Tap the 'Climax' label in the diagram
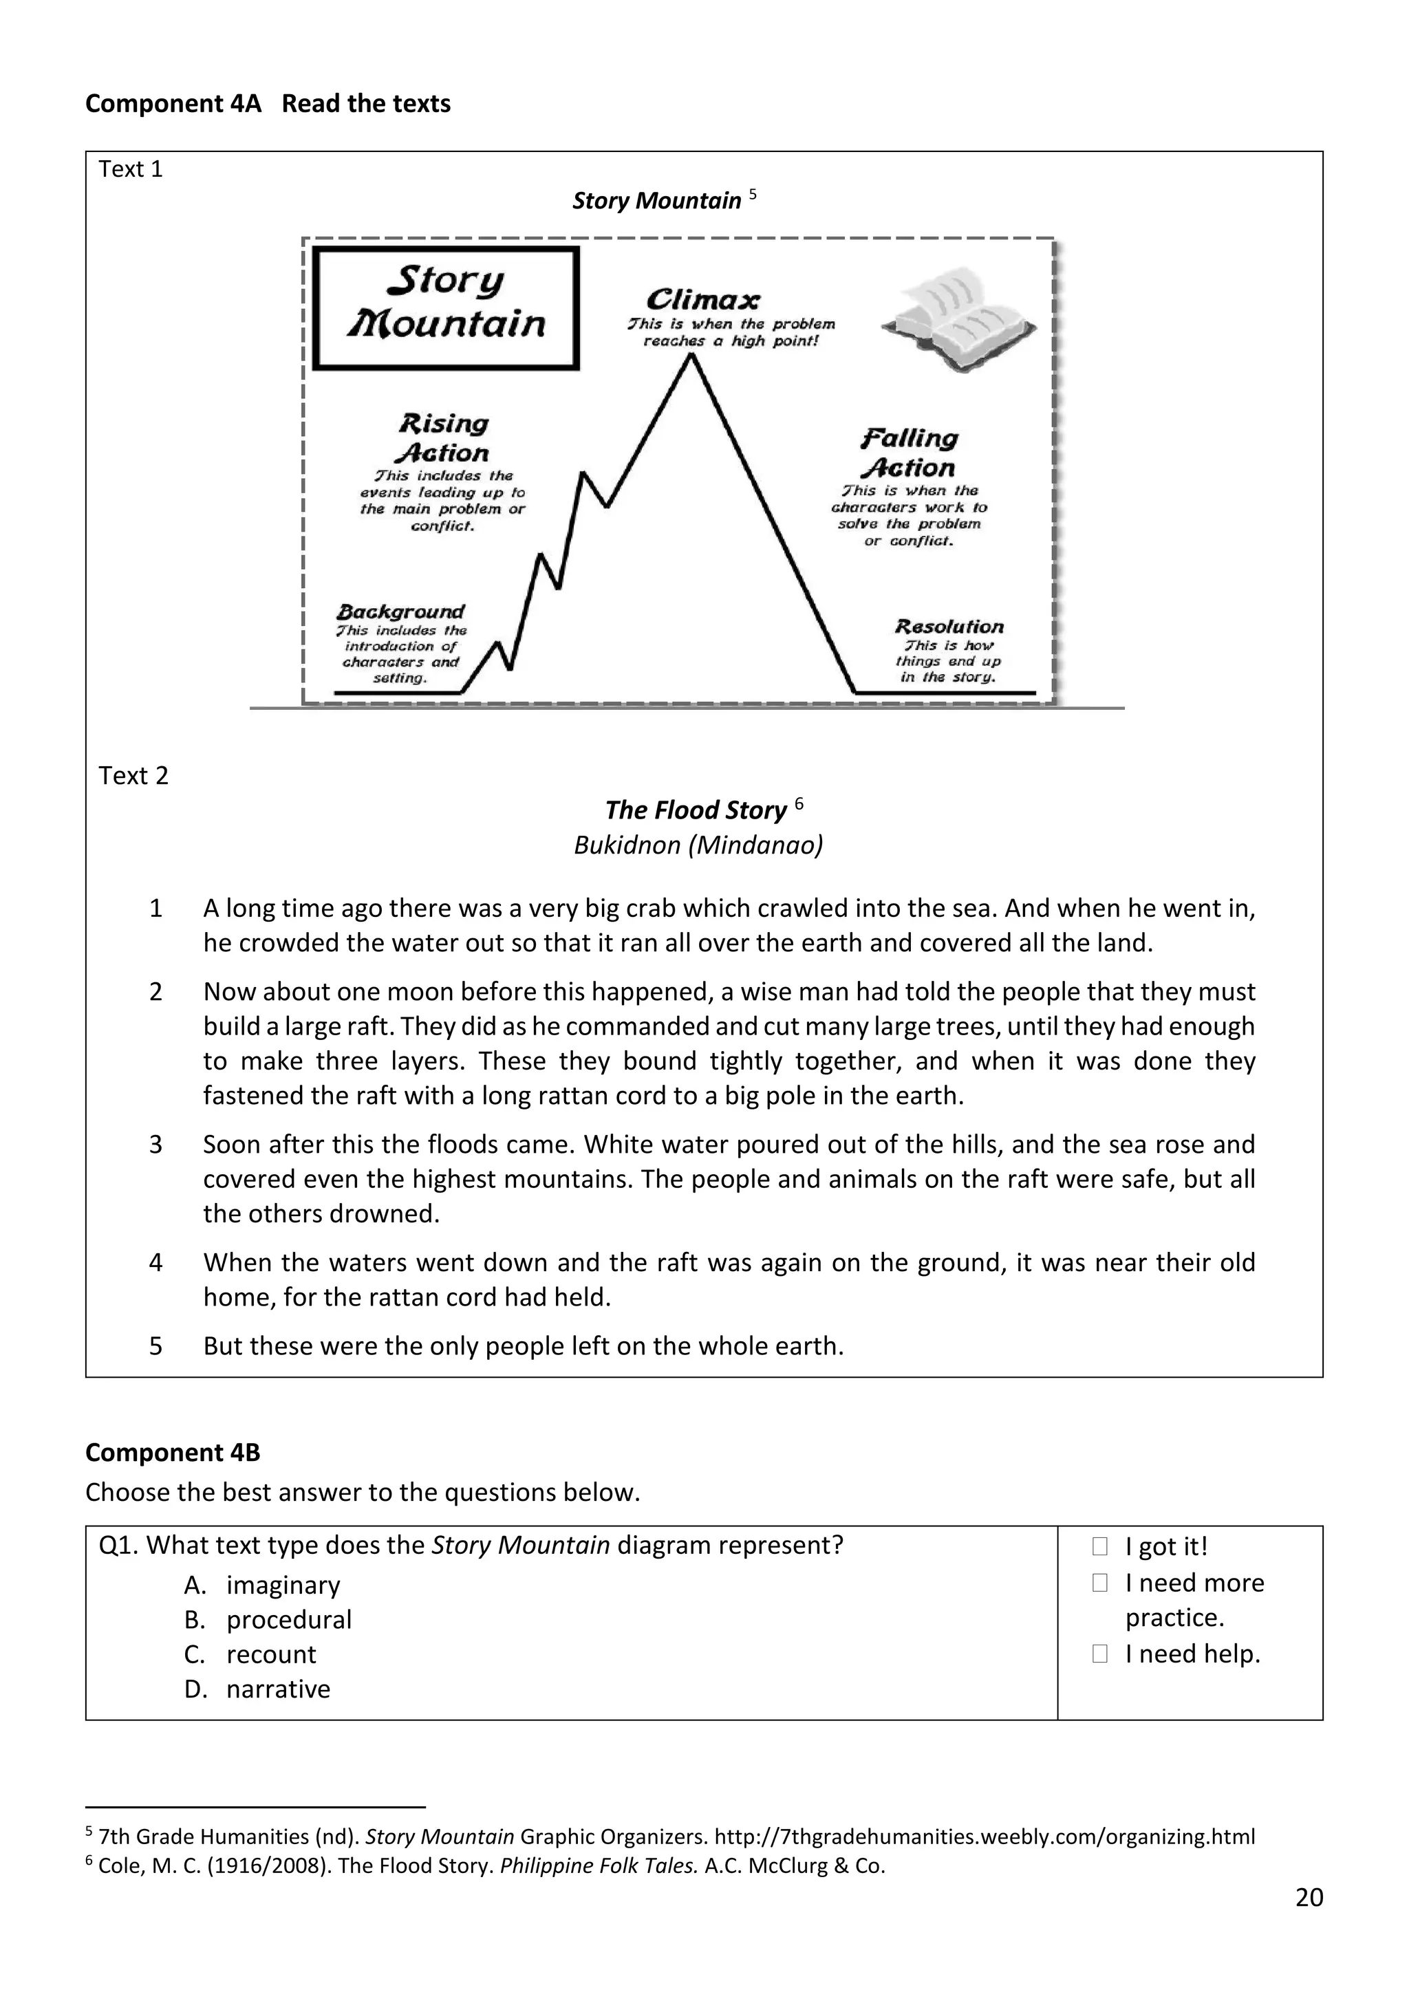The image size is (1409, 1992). tap(702, 300)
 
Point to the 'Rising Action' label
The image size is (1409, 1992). tap(443, 438)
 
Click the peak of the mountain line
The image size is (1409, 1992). tap(691, 356)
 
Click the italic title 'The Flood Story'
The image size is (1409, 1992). tap(696, 810)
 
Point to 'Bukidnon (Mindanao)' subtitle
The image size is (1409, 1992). tap(698, 845)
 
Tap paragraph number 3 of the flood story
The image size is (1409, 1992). tap(156, 1145)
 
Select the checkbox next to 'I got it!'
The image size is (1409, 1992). tap(1099, 1546)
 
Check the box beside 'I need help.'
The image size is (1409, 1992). tap(1099, 1654)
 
